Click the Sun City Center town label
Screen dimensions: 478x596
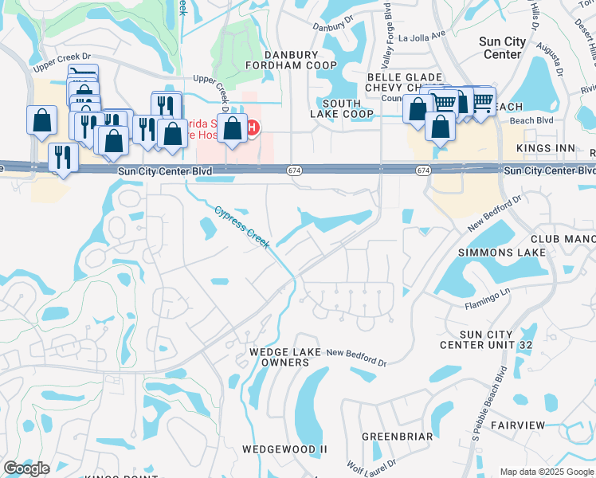coord(501,48)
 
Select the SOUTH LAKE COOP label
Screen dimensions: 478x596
coord(342,108)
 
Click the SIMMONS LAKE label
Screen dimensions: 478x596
coord(502,253)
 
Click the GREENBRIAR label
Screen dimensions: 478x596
coord(398,437)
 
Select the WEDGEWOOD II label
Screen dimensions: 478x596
coord(285,449)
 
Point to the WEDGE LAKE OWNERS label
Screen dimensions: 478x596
coord(285,357)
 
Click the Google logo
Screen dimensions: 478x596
coord(26,468)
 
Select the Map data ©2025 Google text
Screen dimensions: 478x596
coord(547,472)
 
